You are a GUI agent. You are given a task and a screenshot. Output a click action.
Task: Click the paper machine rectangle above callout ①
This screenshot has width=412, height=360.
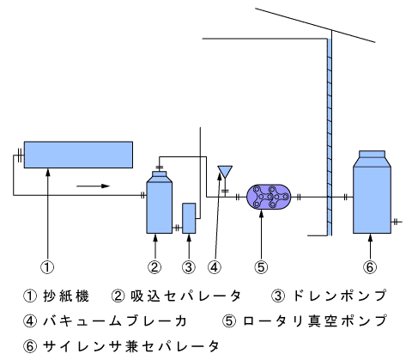[x=78, y=155]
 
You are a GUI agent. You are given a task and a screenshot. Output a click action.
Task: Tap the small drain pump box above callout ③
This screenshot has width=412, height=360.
[x=189, y=218]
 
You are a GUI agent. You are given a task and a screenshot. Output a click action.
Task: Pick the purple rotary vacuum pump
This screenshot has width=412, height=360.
[x=269, y=197]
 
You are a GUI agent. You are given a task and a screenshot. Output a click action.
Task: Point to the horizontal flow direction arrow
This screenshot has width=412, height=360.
[x=94, y=186]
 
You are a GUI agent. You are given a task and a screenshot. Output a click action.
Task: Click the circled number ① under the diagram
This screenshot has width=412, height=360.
[x=47, y=267]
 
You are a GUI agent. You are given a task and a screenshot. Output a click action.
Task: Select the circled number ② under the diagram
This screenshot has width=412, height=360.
[x=154, y=267]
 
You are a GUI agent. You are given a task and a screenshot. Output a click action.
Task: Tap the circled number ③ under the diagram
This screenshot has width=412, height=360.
[x=189, y=267]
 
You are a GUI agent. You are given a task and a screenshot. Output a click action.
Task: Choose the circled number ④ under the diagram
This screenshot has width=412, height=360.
[x=215, y=267]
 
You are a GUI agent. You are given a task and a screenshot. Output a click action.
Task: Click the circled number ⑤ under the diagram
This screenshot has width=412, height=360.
[x=261, y=267]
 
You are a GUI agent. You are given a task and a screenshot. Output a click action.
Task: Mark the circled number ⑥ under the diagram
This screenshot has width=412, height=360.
[x=370, y=267]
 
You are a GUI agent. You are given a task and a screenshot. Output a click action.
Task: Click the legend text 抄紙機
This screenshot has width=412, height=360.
[x=66, y=296]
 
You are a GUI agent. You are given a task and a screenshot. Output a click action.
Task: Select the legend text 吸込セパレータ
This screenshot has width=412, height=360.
[x=185, y=296]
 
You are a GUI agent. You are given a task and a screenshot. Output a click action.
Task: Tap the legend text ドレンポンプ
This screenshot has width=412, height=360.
[x=340, y=296]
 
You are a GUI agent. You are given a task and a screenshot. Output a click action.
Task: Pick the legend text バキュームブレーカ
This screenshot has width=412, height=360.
[x=115, y=321]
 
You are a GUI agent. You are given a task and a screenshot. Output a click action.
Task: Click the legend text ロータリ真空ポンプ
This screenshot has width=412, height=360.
[x=315, y=320]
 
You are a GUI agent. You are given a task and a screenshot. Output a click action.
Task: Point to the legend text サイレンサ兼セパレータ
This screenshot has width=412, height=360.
[x=131, y=346]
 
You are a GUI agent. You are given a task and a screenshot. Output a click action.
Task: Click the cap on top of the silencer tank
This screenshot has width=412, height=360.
[x=372, y=154]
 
